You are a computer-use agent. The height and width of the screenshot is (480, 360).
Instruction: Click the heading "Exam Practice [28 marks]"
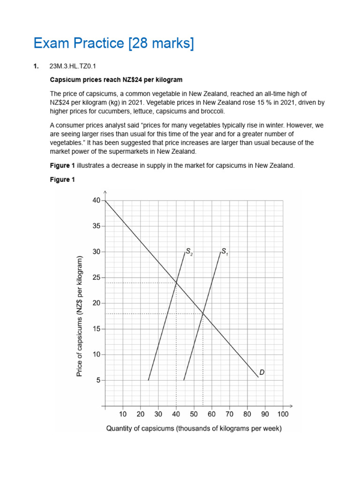tap(113, 44)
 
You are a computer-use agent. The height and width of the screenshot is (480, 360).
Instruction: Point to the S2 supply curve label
tap(189, 252)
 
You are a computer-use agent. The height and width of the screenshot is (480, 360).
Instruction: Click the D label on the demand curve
tap(262, 373)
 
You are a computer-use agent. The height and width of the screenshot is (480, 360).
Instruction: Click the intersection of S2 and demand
tap(176, 283)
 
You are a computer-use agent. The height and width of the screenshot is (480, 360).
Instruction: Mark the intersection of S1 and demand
tap(203, 314)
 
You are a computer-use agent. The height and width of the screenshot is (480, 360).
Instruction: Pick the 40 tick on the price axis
tap(96, 201)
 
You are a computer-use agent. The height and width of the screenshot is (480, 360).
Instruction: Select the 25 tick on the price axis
tap(96, 278)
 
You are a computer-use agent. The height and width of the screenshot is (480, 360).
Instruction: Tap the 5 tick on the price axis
tap(98, 381)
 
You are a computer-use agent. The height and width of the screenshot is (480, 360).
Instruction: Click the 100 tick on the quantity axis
tap(283, 414)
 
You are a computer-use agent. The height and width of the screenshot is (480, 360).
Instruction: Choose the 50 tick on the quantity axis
tap(194, 414)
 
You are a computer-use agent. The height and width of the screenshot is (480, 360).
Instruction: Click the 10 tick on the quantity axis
tap(123, 414)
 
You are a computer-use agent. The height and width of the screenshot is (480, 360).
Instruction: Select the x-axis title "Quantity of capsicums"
tap(194, 428)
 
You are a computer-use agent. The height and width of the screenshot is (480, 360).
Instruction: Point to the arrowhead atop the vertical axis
tap(105, 192)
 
